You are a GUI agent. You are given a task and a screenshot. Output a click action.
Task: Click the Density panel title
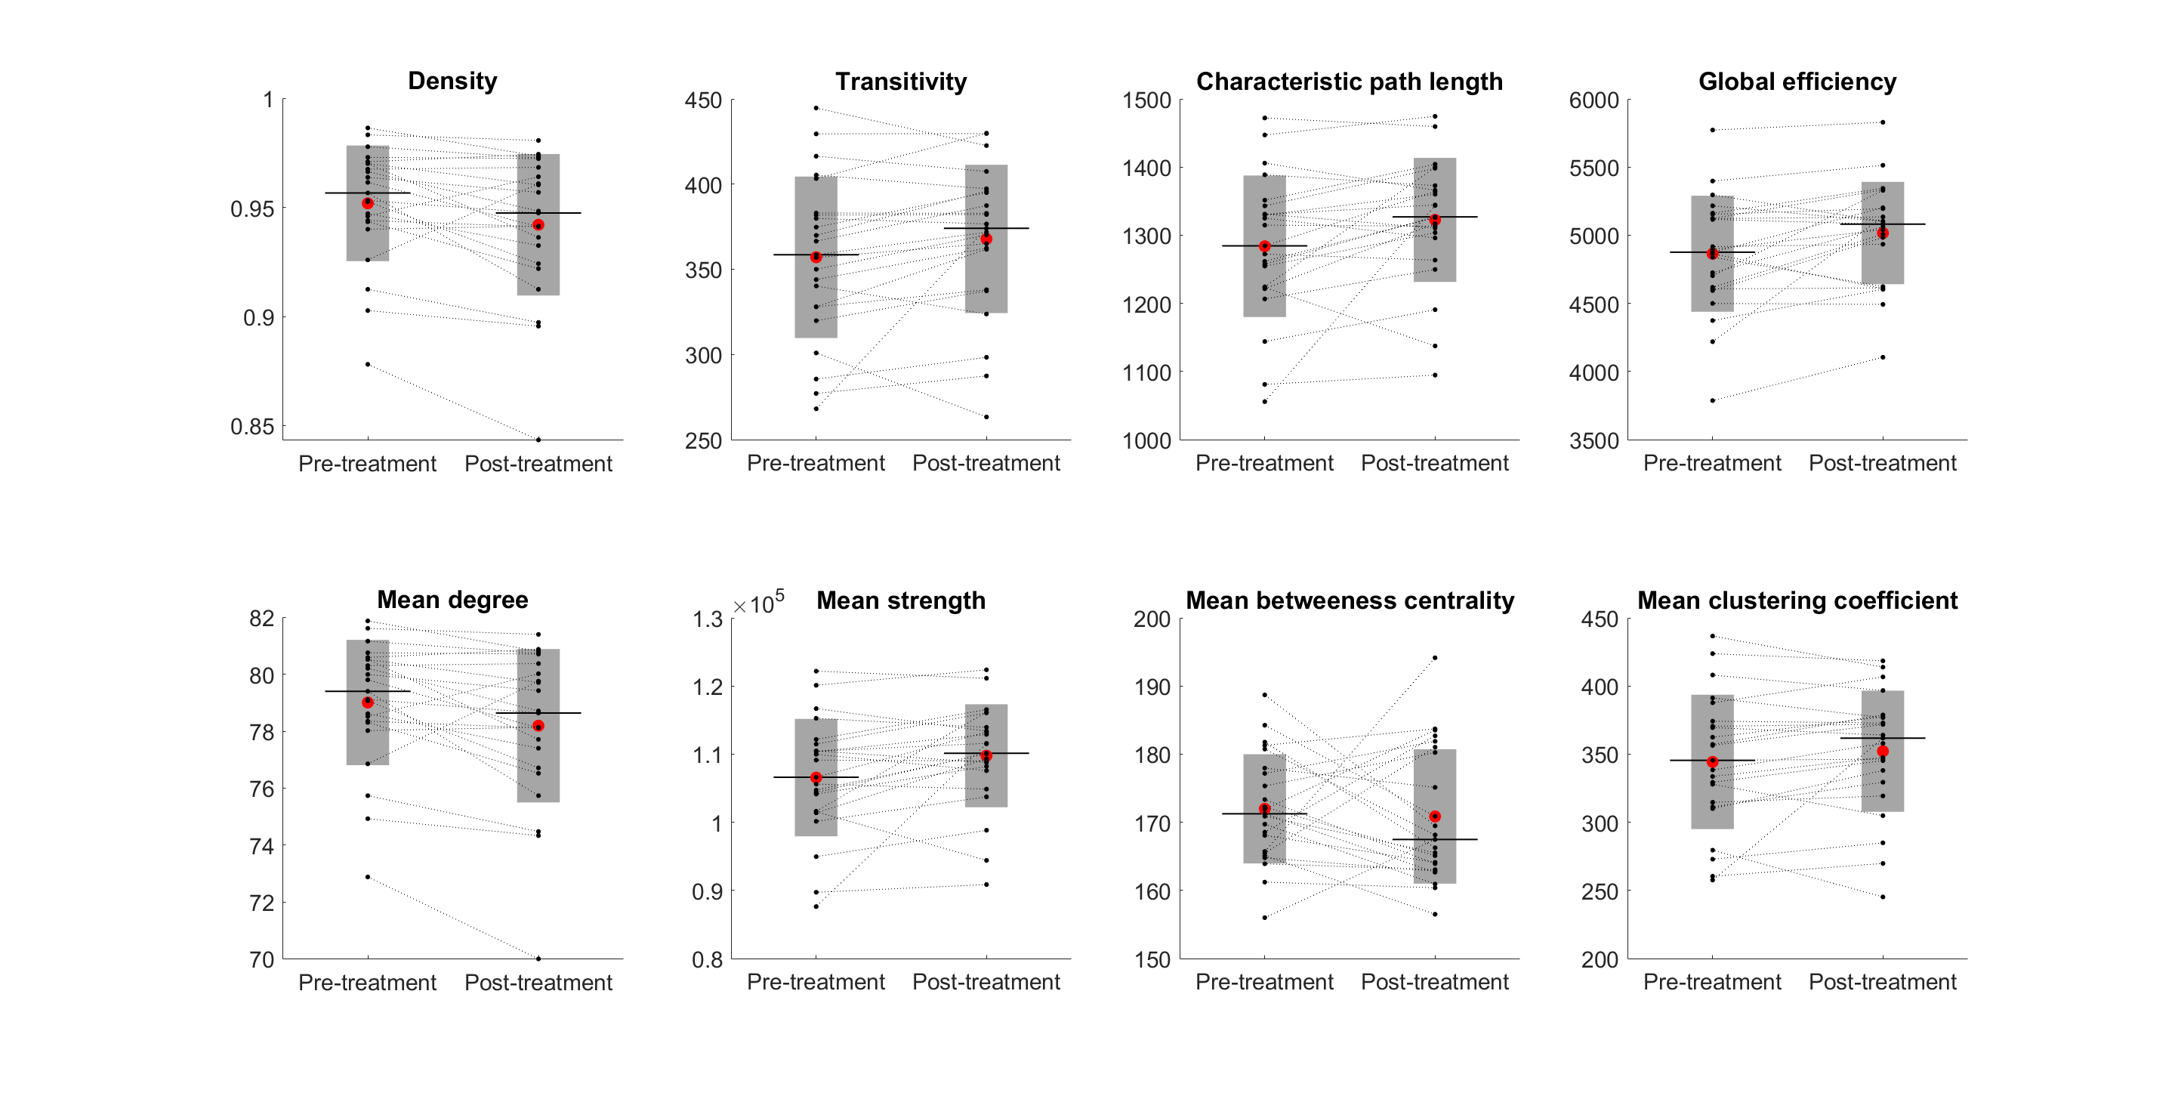pyautogui.click(x=452, y=81)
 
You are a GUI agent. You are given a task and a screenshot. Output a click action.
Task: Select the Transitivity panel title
pyautogui.click(x=900, y=82)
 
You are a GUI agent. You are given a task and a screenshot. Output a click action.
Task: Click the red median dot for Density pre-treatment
pyautogui.click(x=367, y=203)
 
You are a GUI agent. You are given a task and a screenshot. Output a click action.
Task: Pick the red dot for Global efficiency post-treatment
pyautogui.click(x=1882, y=233)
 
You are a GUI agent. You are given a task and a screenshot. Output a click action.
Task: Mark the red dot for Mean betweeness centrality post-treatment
pyautogui.click(x=1435, y=817)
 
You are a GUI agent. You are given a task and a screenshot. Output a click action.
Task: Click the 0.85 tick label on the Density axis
pyautogui.click(x=251, y=428)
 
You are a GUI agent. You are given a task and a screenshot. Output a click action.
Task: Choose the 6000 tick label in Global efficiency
pyautogui.click(x=1593, y=100)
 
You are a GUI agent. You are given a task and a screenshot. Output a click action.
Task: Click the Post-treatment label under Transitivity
pyautogui.click(x=986, y=464)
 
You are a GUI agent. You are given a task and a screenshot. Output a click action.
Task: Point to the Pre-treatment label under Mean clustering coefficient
pyautogui.click(x=1711, y=982)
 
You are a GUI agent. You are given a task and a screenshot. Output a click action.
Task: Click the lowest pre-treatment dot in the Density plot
pyautogui.click(x=367, y=364)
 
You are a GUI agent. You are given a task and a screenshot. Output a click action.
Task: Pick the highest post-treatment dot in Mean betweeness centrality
pyautogui.click(x=1435, y=658)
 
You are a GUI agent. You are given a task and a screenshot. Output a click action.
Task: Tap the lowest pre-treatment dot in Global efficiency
pyautogui.click(x=1711, y=400)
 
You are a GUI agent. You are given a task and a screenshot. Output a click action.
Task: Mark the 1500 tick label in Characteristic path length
pyautogui.click(x=1146, y=100)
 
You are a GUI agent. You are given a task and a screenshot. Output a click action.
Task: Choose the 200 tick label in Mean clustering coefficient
pyautogui.click(x=1600, y=959)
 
